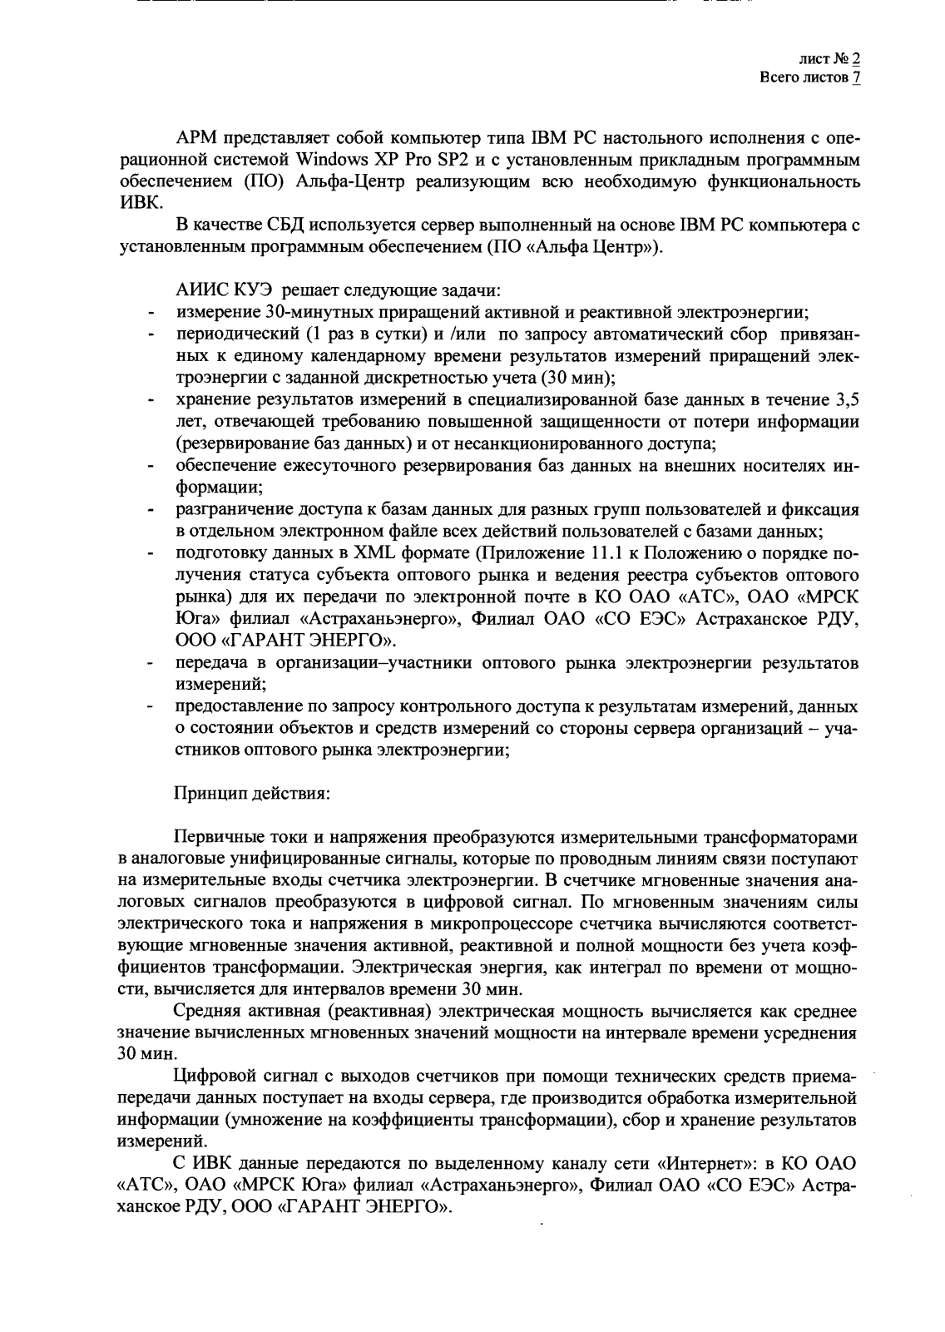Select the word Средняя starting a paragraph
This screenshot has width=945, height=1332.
click(208, 1011)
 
